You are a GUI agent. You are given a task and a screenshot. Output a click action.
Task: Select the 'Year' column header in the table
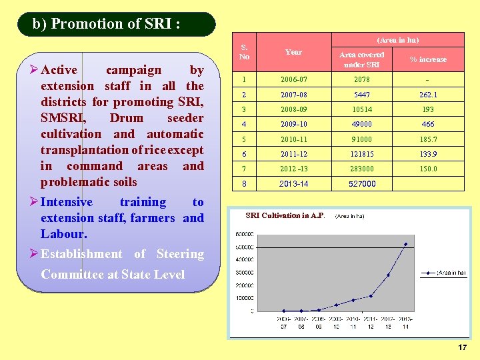(x=293, y=52)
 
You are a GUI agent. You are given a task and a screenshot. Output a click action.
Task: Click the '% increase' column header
(x=428, y=59)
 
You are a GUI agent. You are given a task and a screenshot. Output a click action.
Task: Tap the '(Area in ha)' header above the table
(x=398, y=40)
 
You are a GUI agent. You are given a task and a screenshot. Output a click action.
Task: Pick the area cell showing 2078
(x=362, y=80)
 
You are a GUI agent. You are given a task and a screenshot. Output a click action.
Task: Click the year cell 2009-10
(x=293, y=124)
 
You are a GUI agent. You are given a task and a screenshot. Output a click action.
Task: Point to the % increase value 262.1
(x=428, y=95)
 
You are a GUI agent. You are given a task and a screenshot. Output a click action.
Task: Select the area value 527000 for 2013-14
(x=362, y=184)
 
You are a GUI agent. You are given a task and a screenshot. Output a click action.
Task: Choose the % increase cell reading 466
(x=428, y=124)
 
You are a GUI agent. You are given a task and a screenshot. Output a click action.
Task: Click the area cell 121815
(x=362, y=154)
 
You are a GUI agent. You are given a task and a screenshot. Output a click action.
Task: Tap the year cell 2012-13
(x=293, y=169)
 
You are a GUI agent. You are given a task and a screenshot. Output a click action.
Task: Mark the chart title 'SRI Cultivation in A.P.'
(x=285, y=215)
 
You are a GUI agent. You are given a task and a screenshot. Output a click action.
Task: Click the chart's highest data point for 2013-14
(x=405, y=244)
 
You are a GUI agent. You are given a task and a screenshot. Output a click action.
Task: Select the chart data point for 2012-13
(x=388, y=275)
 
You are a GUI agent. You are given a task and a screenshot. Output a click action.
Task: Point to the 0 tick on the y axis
(x=251, y=311)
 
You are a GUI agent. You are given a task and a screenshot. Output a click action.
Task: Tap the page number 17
(x=463, y=348)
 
